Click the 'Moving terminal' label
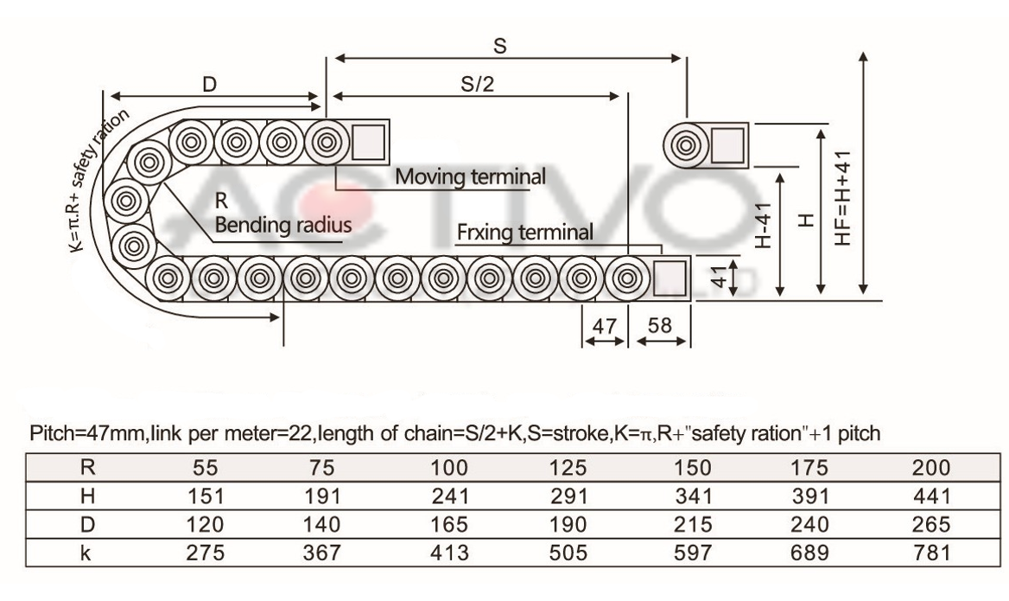[x=471, y=176]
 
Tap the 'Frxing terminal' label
[x=525, y=232]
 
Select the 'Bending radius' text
[x=283, y=225]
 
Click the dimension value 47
[x=604, y=326]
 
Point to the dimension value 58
[x=660, y=325]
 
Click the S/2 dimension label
[x=477, y=84]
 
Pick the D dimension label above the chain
[x=210, y=85]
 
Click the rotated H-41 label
[x=763, y=225]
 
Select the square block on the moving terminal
[x=369, y=142]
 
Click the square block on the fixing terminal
[x=669, y=278]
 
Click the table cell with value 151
[x=206, y=496]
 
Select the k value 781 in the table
[x=931, y=553]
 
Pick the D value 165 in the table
[x=448, y=524]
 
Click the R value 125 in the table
[x=568, y=468]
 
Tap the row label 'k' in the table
[x=86, y=553]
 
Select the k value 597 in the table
[x=693, y=553]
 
